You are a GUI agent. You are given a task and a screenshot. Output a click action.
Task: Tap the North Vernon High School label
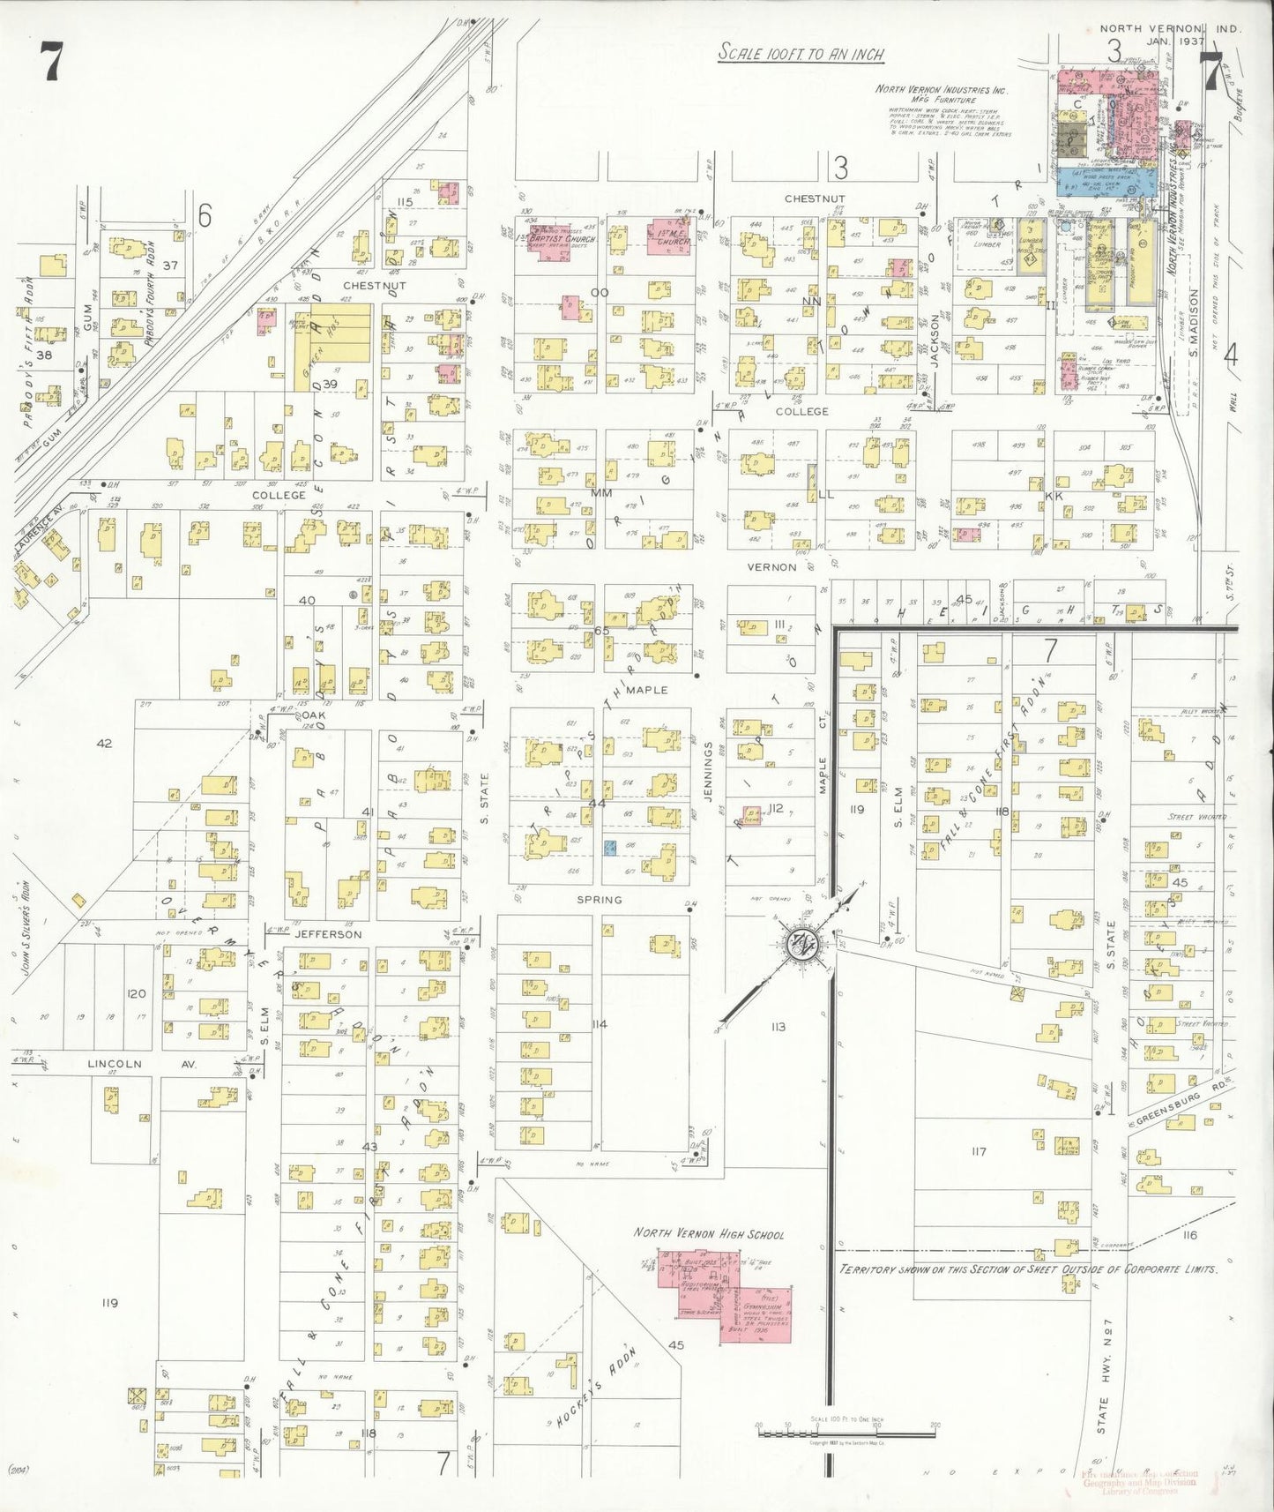708,1234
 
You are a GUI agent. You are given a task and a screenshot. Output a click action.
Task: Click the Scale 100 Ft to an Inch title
801,54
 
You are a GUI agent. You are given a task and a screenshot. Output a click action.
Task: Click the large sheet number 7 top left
51,63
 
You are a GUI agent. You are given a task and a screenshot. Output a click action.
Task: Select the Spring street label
600,900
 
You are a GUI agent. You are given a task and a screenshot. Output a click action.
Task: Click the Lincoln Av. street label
140,1064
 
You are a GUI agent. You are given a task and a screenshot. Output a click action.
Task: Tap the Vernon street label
771,567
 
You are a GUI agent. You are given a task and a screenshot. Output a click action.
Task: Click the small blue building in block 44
609,848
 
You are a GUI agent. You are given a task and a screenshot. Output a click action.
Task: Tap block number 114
600,1024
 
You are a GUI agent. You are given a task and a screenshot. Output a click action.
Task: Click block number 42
104,743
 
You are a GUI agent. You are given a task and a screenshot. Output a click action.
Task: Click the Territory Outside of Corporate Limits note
1027,1269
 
